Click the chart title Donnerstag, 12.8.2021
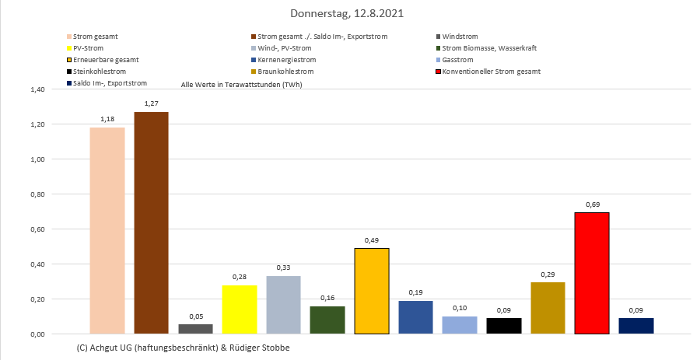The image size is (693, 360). (x=346, y=14)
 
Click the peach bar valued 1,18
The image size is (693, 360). (x=107, y=230)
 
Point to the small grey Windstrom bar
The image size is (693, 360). (x=195, y=329)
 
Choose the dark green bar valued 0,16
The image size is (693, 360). (x=327, y=320)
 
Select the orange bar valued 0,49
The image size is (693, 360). (x=372, y=291)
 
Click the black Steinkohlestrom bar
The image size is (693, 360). (x=504, y=326)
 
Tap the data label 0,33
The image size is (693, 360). (x=283, y=267)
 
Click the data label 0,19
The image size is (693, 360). (x=415, y=292)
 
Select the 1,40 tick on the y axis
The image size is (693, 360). (x=37, y=89)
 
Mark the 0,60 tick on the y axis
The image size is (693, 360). (x=37, y=229)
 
